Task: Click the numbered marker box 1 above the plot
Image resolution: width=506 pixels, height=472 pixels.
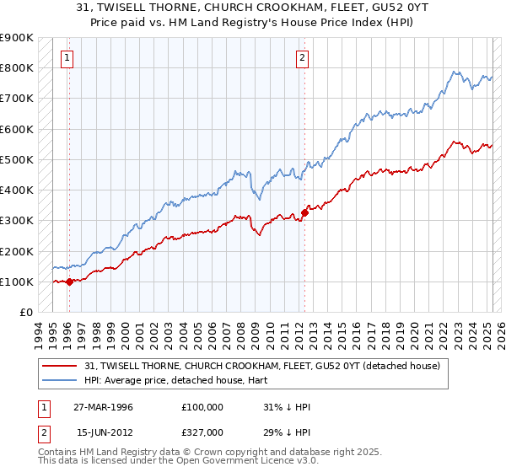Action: [x=67, y=58]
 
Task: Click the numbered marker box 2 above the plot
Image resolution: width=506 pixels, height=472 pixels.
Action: [x=302, y=58]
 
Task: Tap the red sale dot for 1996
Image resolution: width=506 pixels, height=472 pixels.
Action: [x=69, y=282]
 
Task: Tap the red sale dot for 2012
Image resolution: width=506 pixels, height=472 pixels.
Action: [x=305, y=212]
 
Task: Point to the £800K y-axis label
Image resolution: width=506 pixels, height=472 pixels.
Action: [x=16, y=68]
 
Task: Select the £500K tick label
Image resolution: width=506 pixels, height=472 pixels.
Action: [x=16, y=159]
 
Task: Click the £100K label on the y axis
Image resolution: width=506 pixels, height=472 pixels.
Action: [x=16, y=282]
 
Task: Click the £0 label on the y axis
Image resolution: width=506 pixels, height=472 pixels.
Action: [x=24, y=313]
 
